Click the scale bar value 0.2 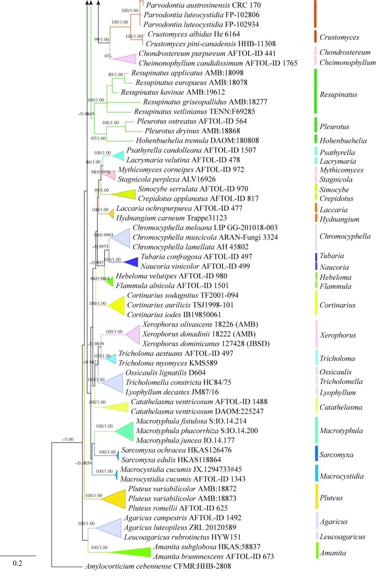click(x=17, y=563)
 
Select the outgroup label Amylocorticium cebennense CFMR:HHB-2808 click(x=158, y=566)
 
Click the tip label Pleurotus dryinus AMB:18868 click(x=192, y=131)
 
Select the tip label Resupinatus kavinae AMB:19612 click(x=173, y=92)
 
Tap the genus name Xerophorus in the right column click(x=338, y=335)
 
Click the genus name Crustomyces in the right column click(x=339, y=37)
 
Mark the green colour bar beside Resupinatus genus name click(x=315, y=91)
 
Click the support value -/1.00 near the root click(x=68, y=439)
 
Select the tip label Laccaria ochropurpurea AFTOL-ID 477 click(x=179, y=208)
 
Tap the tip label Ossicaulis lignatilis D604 click(x=165, y=373)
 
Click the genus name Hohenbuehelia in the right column click(x=343, y=141)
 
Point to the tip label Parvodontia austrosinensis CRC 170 click(x=203, y=5)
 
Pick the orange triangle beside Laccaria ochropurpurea click(x=111, y=213)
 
